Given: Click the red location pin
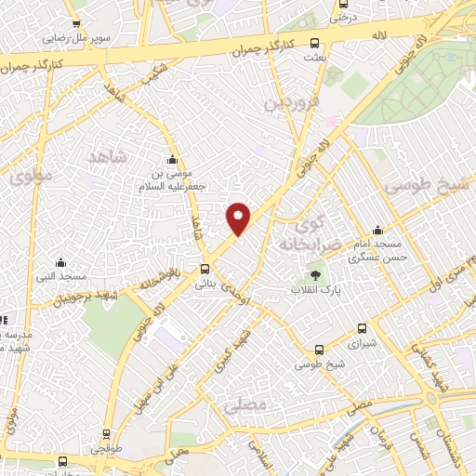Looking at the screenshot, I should point(239,218).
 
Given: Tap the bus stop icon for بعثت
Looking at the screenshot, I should point(315,42).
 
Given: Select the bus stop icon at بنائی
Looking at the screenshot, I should point(205,271).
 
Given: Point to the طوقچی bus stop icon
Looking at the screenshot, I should point(108,433).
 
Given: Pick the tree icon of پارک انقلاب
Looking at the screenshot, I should point(316,275).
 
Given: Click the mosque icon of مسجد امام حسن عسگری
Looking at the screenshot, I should point(377,231).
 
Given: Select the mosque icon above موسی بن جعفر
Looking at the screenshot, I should point(172,158).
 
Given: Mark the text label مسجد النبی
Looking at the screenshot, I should point(61,277).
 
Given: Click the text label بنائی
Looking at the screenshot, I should point(205,285).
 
